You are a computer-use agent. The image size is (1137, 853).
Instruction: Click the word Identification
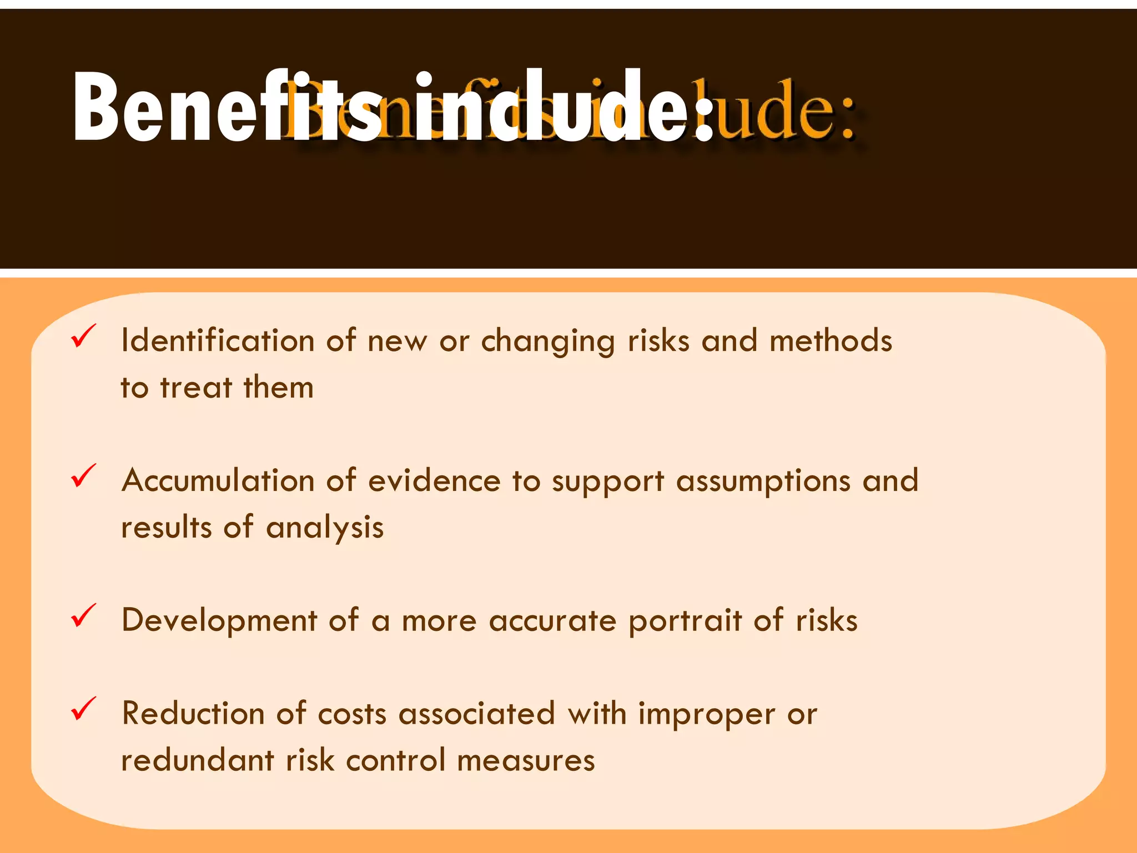click(x=218, y=340)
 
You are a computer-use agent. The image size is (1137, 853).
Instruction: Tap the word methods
click(x=831, y=340)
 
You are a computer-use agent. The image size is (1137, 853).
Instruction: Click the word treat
click(x=196, y=387)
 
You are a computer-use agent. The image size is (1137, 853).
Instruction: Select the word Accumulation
click(x=218, y=480)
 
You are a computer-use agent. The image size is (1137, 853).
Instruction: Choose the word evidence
click(x=434, y=480)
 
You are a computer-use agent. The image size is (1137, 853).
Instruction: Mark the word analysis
click(x=325, y=528)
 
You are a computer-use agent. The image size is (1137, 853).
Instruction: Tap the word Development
click(x=219, y=620)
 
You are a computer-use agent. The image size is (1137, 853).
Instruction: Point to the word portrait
click(x=685, y=621)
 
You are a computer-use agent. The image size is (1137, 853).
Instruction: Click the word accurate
click(x=552, y=621)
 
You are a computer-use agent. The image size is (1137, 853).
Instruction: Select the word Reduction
click(x=193, y=713)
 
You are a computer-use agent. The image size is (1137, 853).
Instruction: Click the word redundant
click(x=198, y=760)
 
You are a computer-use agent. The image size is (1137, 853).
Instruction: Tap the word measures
click(x=526, y=761)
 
